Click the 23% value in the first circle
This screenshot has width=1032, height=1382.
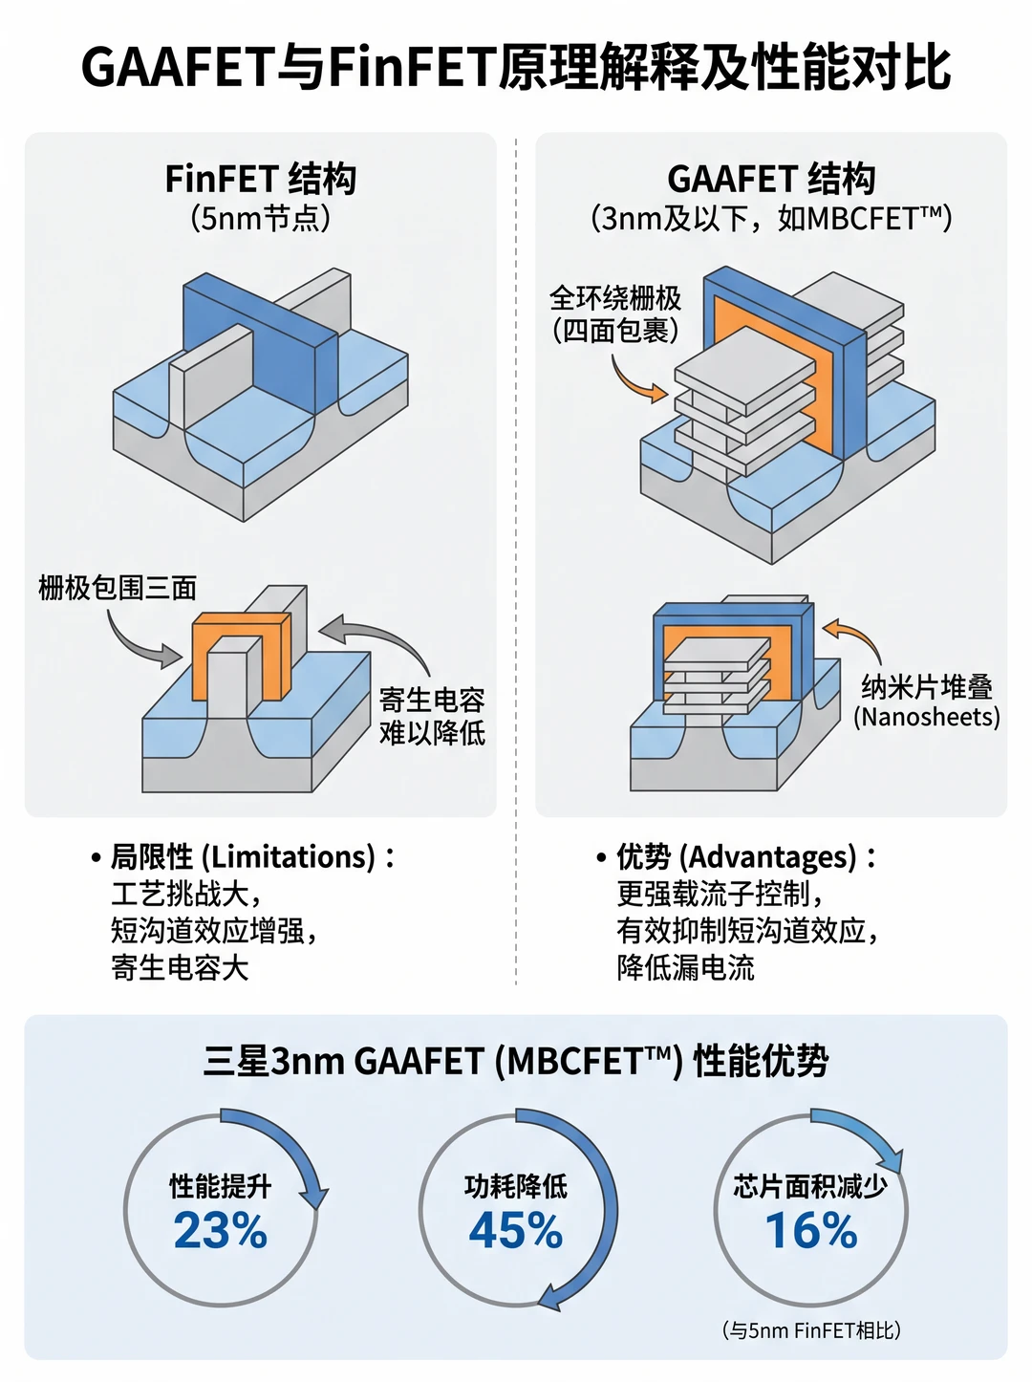click(220, 1231)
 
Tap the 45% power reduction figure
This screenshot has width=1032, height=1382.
click(515, 1231)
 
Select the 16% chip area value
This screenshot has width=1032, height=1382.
click(810, 1231)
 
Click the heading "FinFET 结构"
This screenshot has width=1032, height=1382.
click(261, 179)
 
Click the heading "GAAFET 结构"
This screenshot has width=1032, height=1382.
click(771, 179)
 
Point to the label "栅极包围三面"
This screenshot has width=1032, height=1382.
click(118, 588)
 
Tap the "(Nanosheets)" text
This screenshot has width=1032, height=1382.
click(926, 717)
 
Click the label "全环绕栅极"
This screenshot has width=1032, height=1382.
click(614, 298)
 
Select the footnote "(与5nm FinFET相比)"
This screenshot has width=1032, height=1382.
click(811, 1330)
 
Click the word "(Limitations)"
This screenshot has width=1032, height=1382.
click(289, 857)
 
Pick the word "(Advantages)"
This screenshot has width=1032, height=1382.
click(772, 857)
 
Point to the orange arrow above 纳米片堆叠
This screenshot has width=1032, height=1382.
click(859, 633)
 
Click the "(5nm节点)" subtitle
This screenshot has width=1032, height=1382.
click(261, 219)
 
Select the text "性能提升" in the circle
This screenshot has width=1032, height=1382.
click(220, 1187)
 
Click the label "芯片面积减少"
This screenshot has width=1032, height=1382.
click(810, 1187)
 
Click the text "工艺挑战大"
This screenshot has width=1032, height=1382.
click(180, 894)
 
